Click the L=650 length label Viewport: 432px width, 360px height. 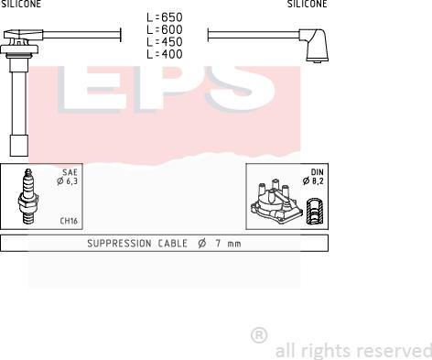(165, 17)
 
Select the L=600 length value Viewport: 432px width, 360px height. (165, 29)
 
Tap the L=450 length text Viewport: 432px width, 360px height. (165, 42)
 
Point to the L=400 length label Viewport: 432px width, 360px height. (165, 54)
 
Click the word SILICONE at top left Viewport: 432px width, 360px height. (21, 4)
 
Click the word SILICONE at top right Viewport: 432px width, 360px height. (308, 4)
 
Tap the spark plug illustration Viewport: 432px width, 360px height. (28, 196)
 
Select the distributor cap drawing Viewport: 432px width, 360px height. (275, 202)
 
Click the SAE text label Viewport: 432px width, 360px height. (70, 172)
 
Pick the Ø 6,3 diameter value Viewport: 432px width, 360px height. (67, 181)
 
